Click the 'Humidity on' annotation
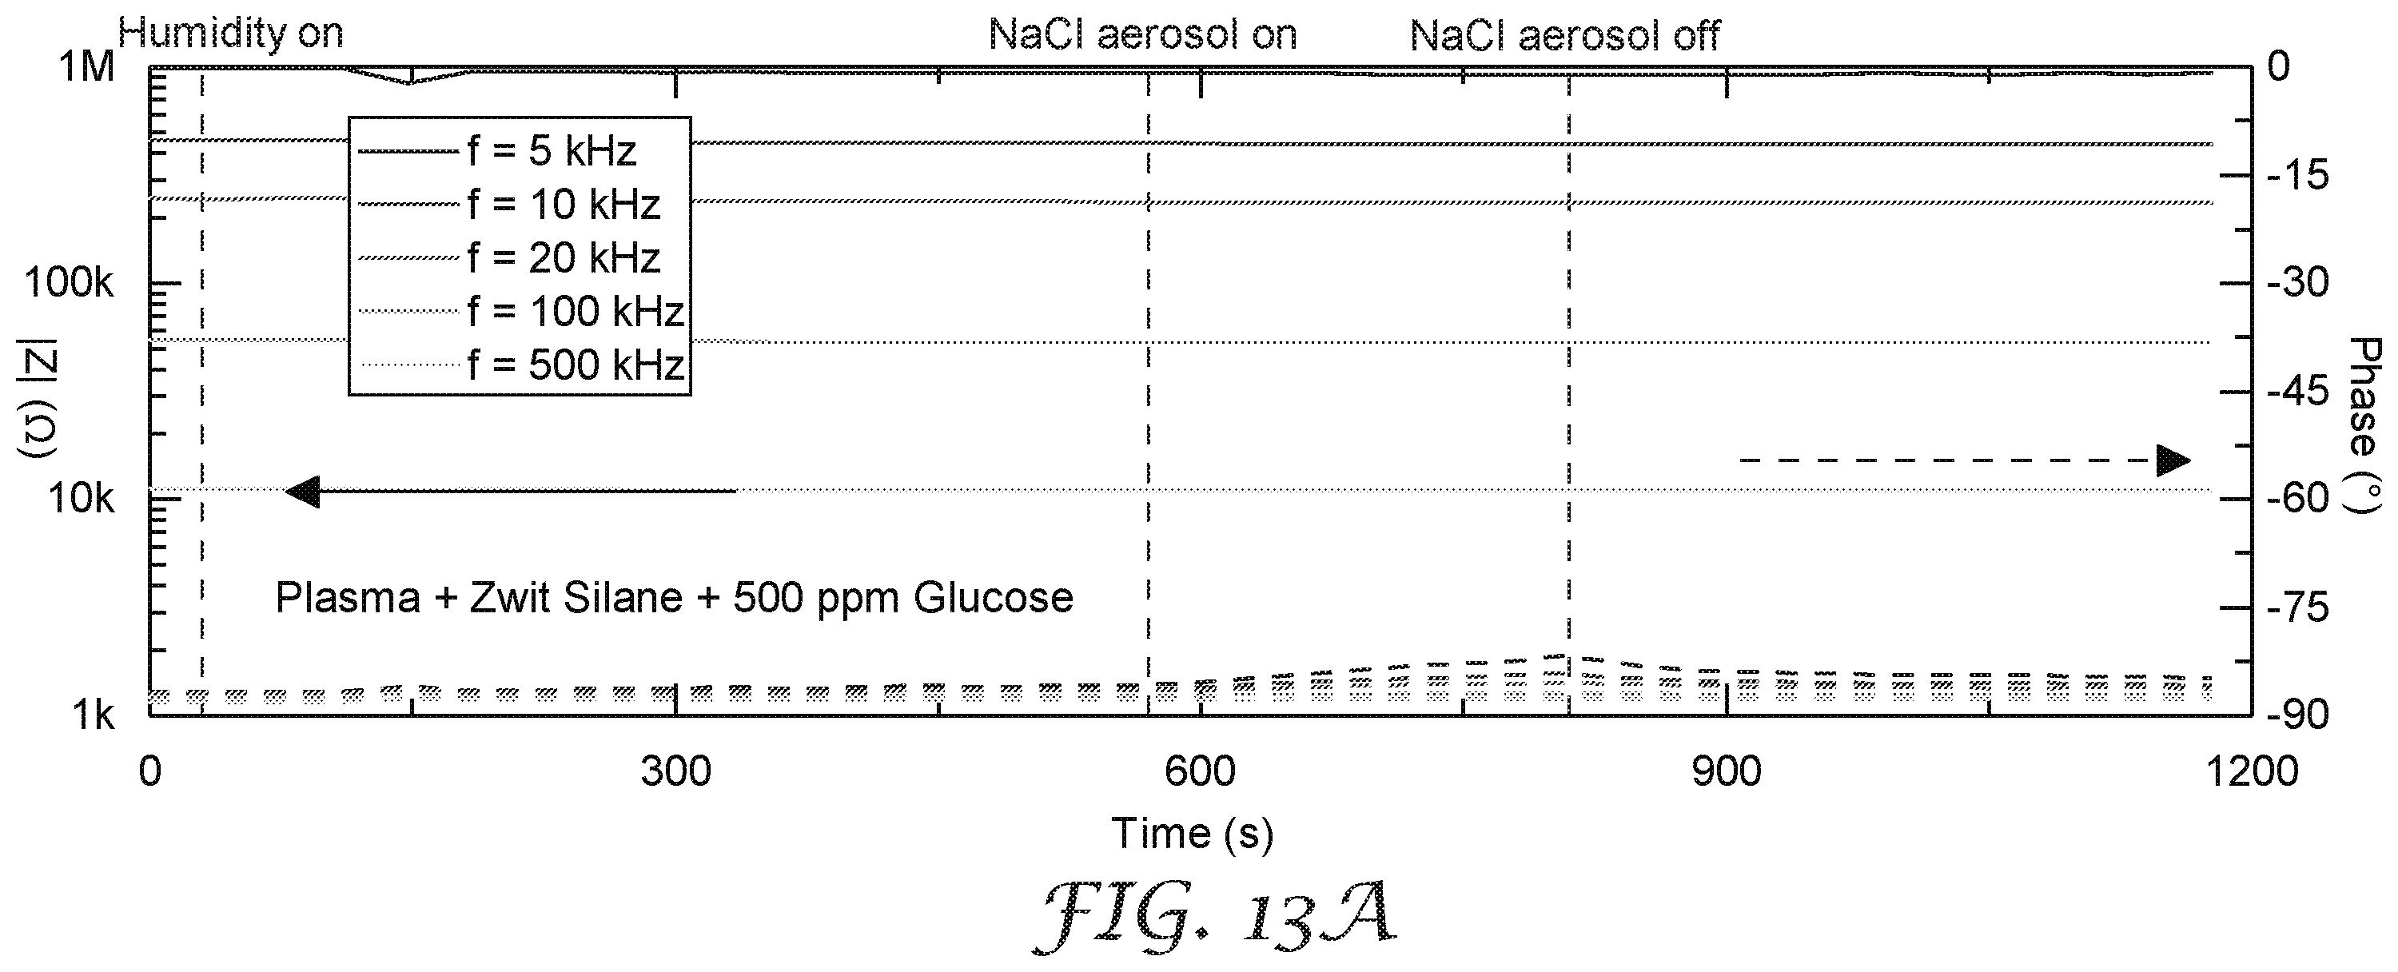pyautogui.click(x=231, y=34)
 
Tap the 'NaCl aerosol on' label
pyautogui.click(x=1142, y=35)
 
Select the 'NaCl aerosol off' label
pyautogui.click(x=1565, y=36)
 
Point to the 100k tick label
pyautogui.click(x=69, y=283)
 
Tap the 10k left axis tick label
pyautogui.click(x=81, y=499)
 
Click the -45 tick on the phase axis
pyautogui.click(x=2297, y=392)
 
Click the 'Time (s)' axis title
pyautogui.click(x=1193, y=833)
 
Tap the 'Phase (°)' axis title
pyautogui.click(x=2364, y=424)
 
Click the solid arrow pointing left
pyautogui.click(x=510, y=491)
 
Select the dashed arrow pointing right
pyautogui.click(x=1965, y=460)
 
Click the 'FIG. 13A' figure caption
pyautogui.click(x=1216, y=916)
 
